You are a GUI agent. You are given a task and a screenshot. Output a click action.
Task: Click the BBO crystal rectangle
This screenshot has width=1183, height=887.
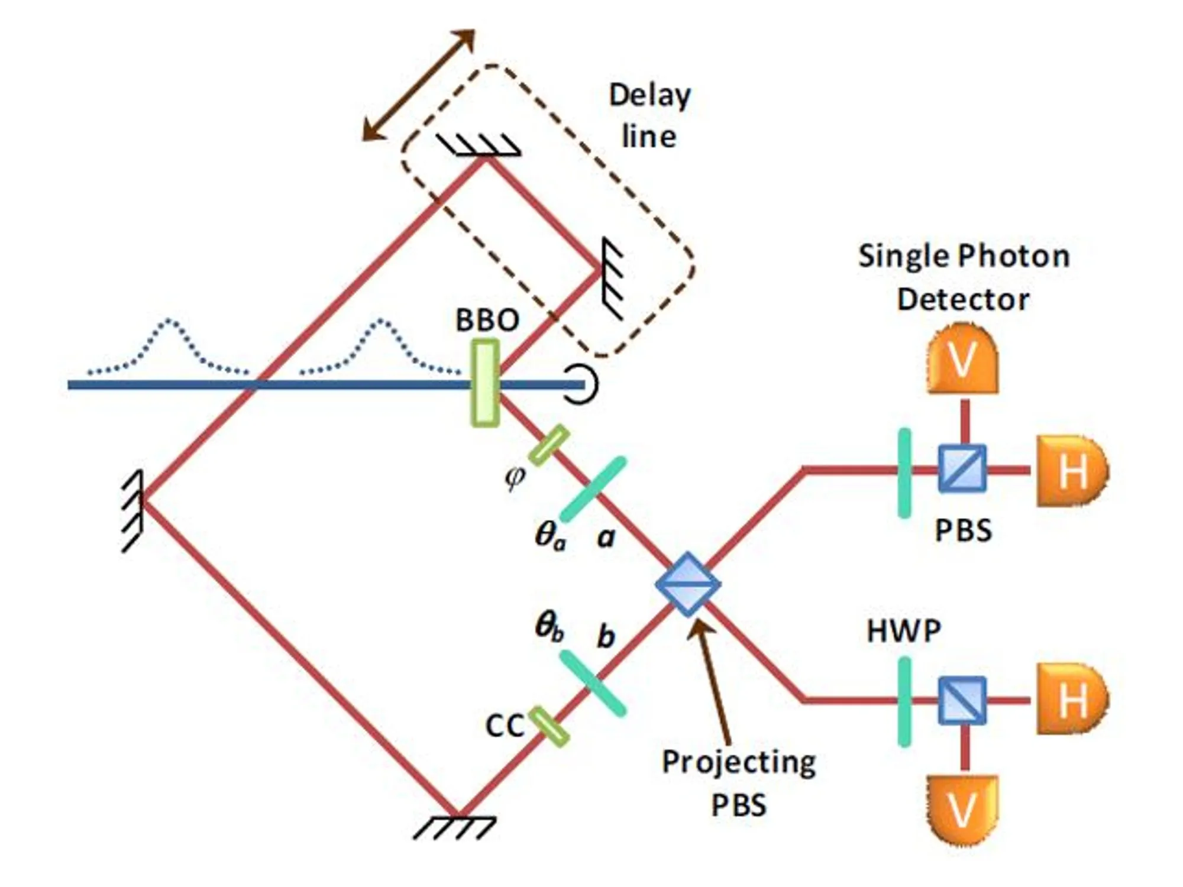[x=485, y=383]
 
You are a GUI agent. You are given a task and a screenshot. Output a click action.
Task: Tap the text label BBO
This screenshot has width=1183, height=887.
[x=487, y=321]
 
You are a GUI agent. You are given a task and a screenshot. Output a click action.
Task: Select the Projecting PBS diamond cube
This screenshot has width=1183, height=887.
[x=688, y=584]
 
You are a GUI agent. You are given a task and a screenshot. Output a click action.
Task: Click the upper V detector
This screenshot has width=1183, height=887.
[x=963, y=358]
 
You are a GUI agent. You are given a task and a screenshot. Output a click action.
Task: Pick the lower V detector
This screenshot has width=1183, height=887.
[x=963, y=811]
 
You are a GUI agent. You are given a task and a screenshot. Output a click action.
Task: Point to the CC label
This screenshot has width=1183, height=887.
[x=505, y=726]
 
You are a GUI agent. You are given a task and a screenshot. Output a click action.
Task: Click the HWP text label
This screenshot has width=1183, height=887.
[x=904, y=630]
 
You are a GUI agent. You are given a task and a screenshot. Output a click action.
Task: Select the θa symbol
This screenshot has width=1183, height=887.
[x=550, y=536]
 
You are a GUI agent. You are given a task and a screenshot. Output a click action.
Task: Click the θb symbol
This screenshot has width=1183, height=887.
[x=550, y=627]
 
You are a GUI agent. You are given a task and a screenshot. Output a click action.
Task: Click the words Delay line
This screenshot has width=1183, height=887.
[x=650, y=116]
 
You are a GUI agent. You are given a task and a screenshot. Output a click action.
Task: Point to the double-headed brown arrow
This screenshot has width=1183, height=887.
[x=419, y=86]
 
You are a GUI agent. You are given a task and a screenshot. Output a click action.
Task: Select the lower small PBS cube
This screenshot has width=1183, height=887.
[x=963, y=701]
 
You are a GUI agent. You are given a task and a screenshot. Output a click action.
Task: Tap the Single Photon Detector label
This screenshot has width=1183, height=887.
[x=964, y=277]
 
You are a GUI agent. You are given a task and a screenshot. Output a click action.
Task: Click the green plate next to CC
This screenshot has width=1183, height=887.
[x=549, y=726]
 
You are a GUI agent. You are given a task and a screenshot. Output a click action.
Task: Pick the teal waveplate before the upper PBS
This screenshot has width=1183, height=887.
[x=904, y=473]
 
